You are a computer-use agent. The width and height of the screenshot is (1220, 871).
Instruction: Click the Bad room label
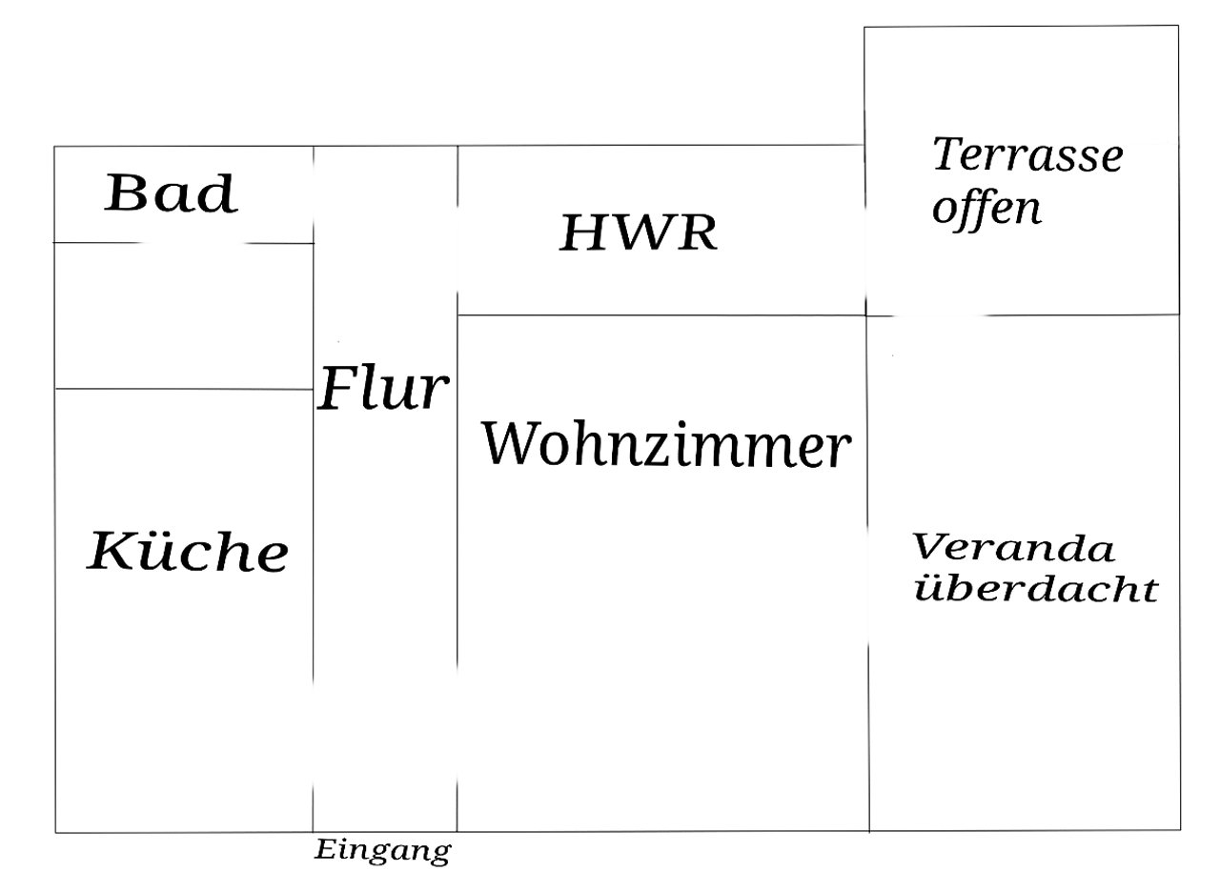(171, 193)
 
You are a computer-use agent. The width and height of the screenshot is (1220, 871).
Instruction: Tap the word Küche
(188, 551)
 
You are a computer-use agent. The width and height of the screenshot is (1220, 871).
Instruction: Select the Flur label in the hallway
(382, 389)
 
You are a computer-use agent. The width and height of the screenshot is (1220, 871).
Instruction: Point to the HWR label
(638, 233)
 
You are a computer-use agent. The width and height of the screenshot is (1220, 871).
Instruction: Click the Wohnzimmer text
(665, 445)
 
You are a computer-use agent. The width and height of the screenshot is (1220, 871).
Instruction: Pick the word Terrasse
(1027, 154)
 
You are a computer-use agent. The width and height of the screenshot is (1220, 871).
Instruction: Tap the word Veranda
(1013, 549)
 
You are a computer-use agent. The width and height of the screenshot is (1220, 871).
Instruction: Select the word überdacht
(1036, 590)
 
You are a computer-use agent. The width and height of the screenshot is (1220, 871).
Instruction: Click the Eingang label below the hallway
(382, 850)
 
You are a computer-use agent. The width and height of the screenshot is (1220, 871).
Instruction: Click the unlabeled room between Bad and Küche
(183, 315)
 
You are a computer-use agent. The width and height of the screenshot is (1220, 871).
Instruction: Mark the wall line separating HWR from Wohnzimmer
(661, 314)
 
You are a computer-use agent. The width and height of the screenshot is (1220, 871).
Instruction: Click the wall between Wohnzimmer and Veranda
(868, 572)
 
